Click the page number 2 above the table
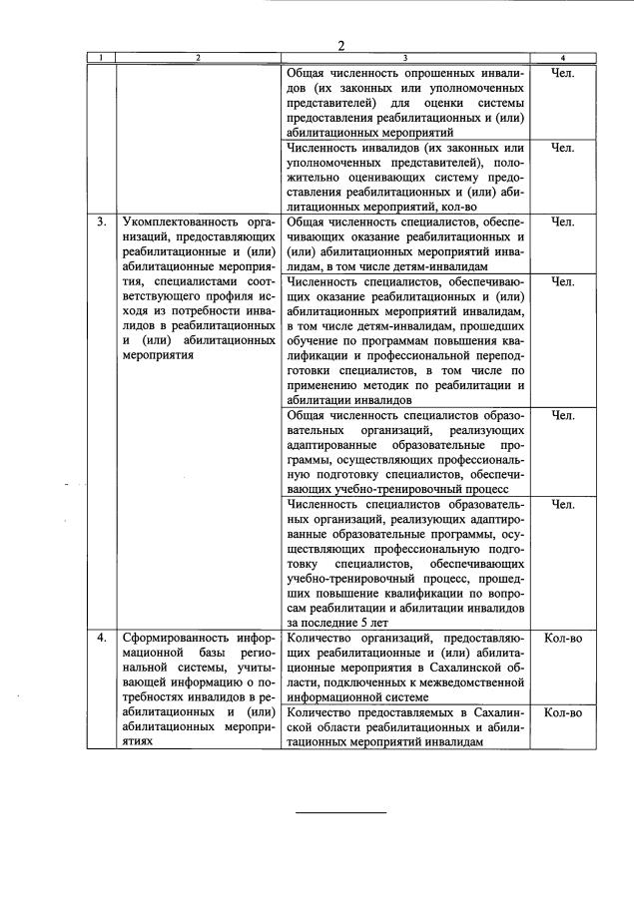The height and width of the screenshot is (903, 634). point(340,46)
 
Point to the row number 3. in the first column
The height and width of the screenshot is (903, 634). point(102,222)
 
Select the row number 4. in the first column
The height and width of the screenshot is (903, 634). point(102,637)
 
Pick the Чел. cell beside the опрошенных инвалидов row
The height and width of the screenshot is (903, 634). point(563,73)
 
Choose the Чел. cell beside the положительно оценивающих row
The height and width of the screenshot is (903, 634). point(563,148)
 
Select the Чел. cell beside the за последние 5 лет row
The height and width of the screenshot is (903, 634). point(563,504)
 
